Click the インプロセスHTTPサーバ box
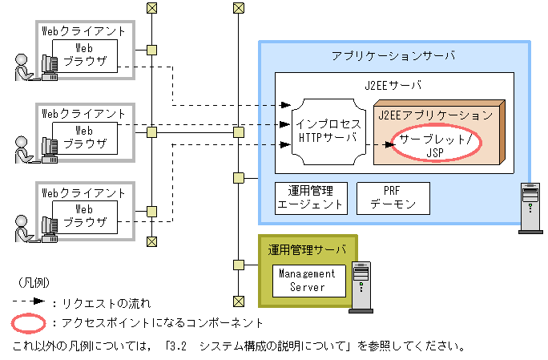pyautogui.click(x=328, y=132)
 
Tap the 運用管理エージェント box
pyautogui.click(x=311, y=198)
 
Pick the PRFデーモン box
pyautogui.click(x=393, y=198)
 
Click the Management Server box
pyautogui.click(x=309, y=281)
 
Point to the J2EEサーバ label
pyautogui.click(x=393, y=85)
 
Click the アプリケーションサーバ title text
pyautogui.click(x=393, y=55)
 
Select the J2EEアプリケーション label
pyautogui.click(x=436, y=115)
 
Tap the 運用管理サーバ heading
pyautogui.click(x=307, y=250)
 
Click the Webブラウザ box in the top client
pyautogui.click(x=85, y=56)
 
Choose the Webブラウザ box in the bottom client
pyautogui.click(x=85, y=217)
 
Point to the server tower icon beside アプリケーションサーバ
pyautogui.click(x=530, y=208)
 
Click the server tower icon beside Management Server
pyautogui.click(x=361, y=287)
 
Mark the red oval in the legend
pyautogui.click(x=29, y=323)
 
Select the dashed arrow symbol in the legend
pyautogui.click(x=29, y=301)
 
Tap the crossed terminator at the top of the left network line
pyautogui.click(x=151, y=8)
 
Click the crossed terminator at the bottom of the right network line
pyautogui.click(x=239, y=301)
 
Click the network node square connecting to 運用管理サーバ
pyautogui.click(x=239, y=265)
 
